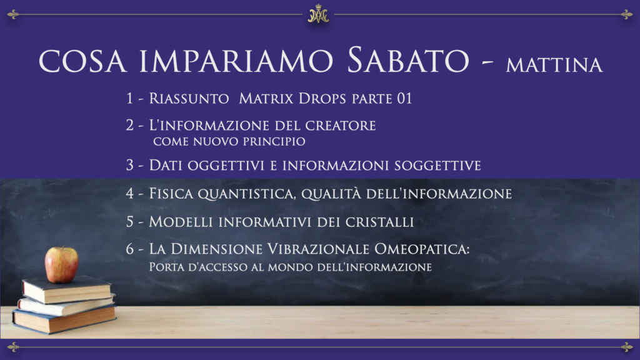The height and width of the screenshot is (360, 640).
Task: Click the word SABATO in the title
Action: click(x=407, y=61)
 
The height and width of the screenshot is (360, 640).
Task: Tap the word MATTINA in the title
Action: click(x=554, y=65)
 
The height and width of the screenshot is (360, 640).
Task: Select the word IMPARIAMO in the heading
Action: click(x=236, y=61)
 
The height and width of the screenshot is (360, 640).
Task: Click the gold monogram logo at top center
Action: click(x=318, y=14)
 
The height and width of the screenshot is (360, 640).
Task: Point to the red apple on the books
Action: click(x=61, y=264)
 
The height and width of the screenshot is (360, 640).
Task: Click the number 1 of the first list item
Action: click(x=129, y=98)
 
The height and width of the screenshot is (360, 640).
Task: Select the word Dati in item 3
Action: click(x=165, y=165)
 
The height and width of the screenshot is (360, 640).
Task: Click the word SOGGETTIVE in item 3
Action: click(x=437, y=166)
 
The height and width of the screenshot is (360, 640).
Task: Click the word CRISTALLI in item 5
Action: click(x=379, y=222)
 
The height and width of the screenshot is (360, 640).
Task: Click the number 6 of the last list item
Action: click(x=130, y=249)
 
